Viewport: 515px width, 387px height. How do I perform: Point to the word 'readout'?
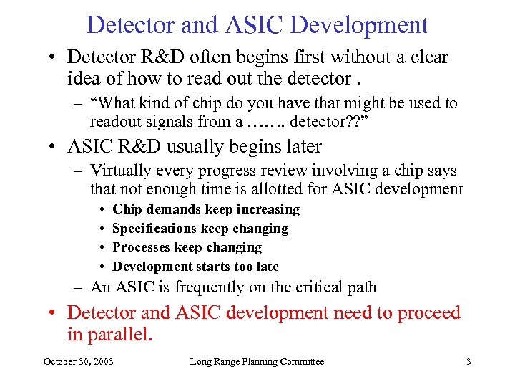pos(117,121)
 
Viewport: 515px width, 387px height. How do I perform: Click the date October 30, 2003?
pos(78,362)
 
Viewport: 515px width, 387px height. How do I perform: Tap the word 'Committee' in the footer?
pos(300,362)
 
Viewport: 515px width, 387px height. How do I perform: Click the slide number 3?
pos(469,362)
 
